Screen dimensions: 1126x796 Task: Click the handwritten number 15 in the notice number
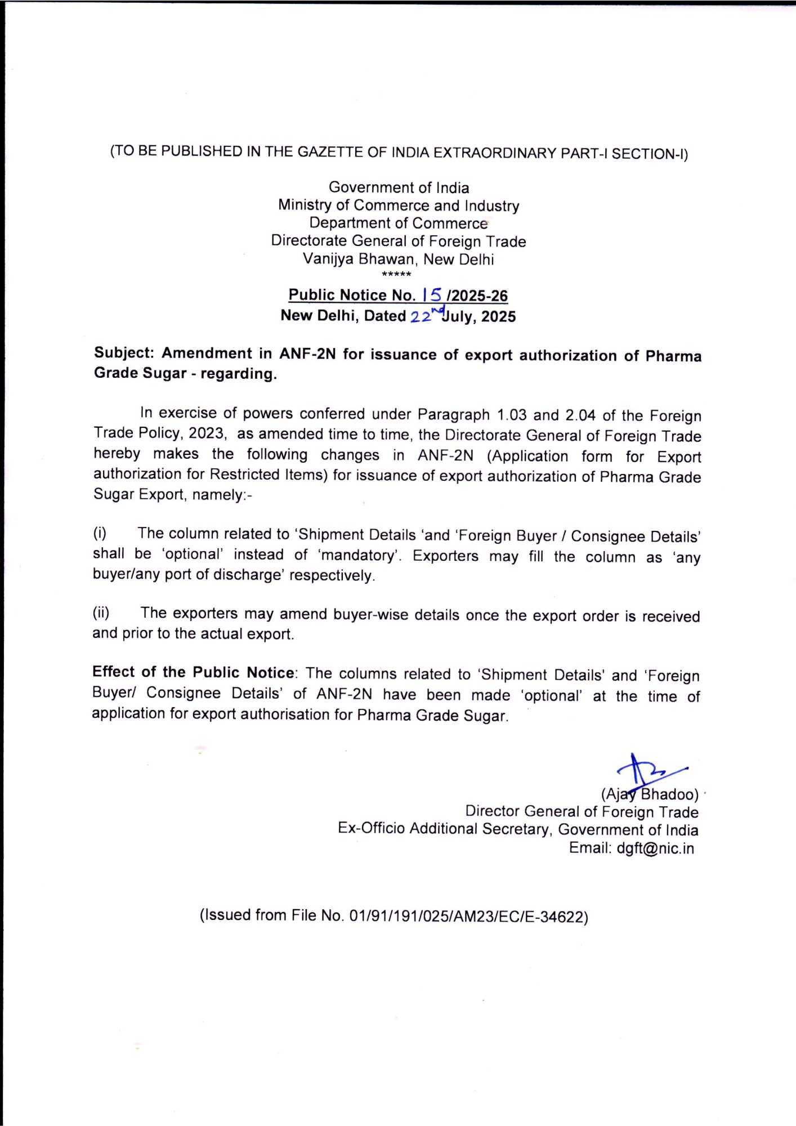point(432,294)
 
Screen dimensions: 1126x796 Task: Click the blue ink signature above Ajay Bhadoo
point(648,770)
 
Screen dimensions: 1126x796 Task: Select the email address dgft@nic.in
point(655,848)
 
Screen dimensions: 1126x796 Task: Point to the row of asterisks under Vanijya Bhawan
point(396,275)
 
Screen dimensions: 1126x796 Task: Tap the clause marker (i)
point(100,533)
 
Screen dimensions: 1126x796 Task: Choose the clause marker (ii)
point(101,613)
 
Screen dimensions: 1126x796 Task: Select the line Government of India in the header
point(399,187)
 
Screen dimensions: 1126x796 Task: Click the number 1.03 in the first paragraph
point(511,415)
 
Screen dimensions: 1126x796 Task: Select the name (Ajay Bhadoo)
point(650,794)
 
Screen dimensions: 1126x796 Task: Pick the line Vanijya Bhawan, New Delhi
point(398,259)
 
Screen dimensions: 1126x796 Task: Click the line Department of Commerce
point(398,223)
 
